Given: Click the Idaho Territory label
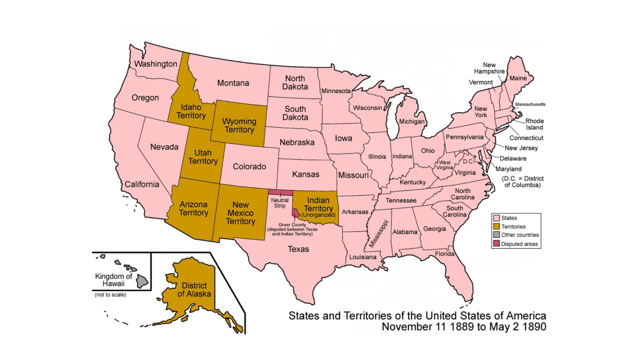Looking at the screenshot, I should pyautogui.click(x=191, y=111).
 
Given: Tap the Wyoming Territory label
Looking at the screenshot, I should pyautogui.click(x=239, y=125).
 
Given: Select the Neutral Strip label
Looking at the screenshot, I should pyautogui.click(x=280, y=202).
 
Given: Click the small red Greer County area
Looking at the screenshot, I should pyautogui.click(x=295, y=213).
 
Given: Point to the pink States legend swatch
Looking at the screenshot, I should pyautogui.click(x=496, y=218).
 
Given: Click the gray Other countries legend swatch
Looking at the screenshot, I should pyautogui.click(x=496, y=235).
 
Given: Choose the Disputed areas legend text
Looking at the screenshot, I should pyautogui.click(x=520, y=244).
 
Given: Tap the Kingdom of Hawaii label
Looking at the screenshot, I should pyautogui.click(x=113, y=280).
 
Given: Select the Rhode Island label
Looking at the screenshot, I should pyautogui.click(x=534, y=124).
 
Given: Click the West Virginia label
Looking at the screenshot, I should pyautogui.click(x=445, y=165).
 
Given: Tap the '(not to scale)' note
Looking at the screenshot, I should pyautogui.click(x=110, y=295).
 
